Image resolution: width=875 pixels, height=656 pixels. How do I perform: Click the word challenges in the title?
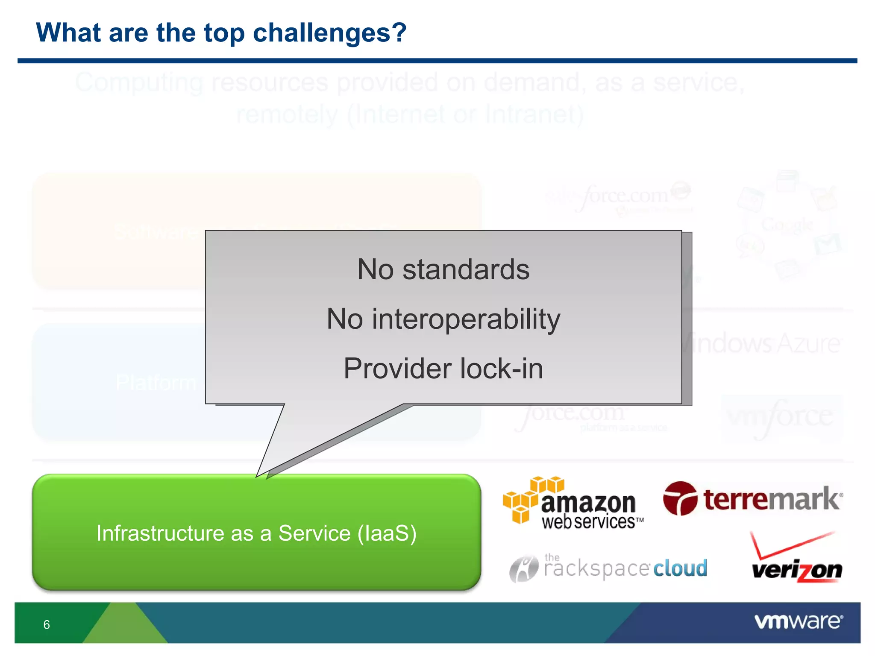(x=329, y=33)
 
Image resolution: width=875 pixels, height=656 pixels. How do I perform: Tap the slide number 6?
(x=47, y=624)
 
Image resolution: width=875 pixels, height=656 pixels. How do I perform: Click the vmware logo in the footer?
(x=798, y=621)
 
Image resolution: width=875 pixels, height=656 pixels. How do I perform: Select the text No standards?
(x=443, y=270)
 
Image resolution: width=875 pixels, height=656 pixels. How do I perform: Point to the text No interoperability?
(x=443, y=319)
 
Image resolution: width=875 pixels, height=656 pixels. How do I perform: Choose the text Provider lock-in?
(x=443, y=369)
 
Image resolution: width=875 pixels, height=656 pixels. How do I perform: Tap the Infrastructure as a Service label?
(x=256, y=533)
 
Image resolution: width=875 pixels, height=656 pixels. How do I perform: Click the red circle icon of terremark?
(x=680, y=498)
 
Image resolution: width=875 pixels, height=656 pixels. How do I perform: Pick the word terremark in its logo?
(x=772, y=499)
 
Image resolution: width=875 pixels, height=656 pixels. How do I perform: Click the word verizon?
(x=796, y=571)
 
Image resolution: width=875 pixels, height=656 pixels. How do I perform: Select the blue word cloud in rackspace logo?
(x=680, y=568)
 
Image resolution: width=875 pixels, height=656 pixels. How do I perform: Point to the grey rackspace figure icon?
(x=523, y=569)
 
